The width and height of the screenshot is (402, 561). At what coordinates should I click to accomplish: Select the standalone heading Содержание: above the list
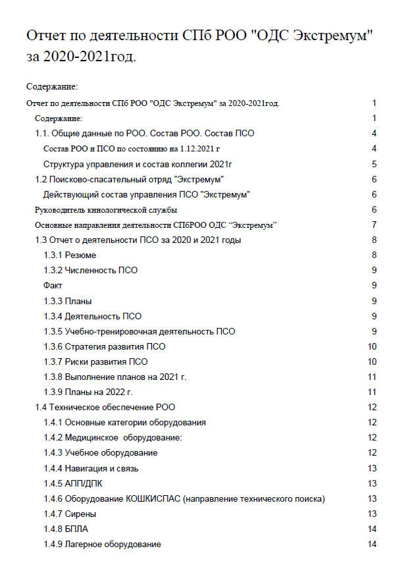(x=52, y=86)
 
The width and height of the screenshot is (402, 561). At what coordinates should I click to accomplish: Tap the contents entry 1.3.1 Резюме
(x=74, y=255)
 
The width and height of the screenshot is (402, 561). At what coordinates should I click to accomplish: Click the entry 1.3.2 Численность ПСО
(x=90, y=270)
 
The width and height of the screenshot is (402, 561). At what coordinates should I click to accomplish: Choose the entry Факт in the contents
(x=53, y=285)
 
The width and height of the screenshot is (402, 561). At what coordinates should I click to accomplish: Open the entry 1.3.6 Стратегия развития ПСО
(x=104, y=346)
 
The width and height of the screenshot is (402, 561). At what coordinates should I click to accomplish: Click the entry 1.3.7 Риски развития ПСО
(x=95, y=361)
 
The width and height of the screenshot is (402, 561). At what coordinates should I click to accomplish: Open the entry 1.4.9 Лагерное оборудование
(x=102, y=544)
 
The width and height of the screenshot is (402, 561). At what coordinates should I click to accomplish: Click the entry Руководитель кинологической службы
(x=105, y=210)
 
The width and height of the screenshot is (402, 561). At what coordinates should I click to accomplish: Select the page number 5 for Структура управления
(x=374, y=164)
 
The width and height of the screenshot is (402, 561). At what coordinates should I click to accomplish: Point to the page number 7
(x=374, y=225)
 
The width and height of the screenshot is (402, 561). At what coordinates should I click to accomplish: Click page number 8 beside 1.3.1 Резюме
(x=374, y=255)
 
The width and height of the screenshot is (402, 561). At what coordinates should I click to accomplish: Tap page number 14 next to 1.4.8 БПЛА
(x=372, y=529)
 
